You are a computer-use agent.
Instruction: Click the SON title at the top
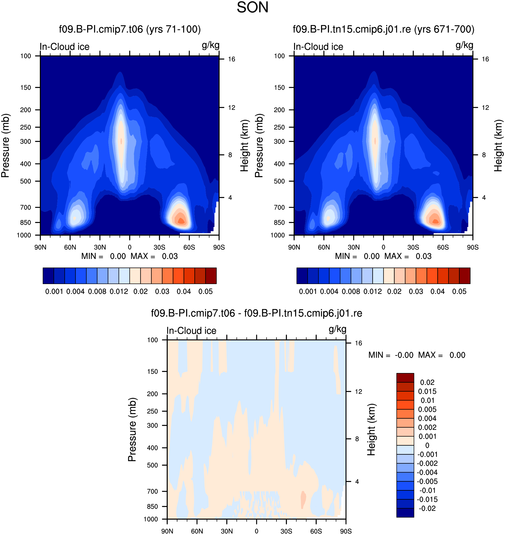coord(252,7)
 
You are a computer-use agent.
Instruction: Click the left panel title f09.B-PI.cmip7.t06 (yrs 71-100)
coord(130,29)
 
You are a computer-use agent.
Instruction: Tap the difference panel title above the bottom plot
coord(256,313)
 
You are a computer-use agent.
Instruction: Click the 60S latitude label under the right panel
coord(443,247)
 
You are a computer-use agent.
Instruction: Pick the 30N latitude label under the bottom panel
coord(227,531)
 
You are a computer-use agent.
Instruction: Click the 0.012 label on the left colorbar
coord(119,291)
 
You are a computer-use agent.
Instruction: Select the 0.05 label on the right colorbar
coord(459,291)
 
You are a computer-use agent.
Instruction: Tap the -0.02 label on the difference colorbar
coord(427,508)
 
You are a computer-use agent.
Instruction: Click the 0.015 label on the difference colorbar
coord(427,391)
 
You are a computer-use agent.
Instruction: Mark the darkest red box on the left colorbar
coord(211,276)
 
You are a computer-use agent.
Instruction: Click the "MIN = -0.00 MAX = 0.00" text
coord(417,355)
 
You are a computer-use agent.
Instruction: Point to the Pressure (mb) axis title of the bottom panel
coord(132,429)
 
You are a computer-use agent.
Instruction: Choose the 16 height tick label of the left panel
coord(231,59)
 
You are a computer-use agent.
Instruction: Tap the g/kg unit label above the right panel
coord(464,45)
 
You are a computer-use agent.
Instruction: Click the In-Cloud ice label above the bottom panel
coord(191,331)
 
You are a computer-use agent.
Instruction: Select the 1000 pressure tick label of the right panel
coord(278,235)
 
